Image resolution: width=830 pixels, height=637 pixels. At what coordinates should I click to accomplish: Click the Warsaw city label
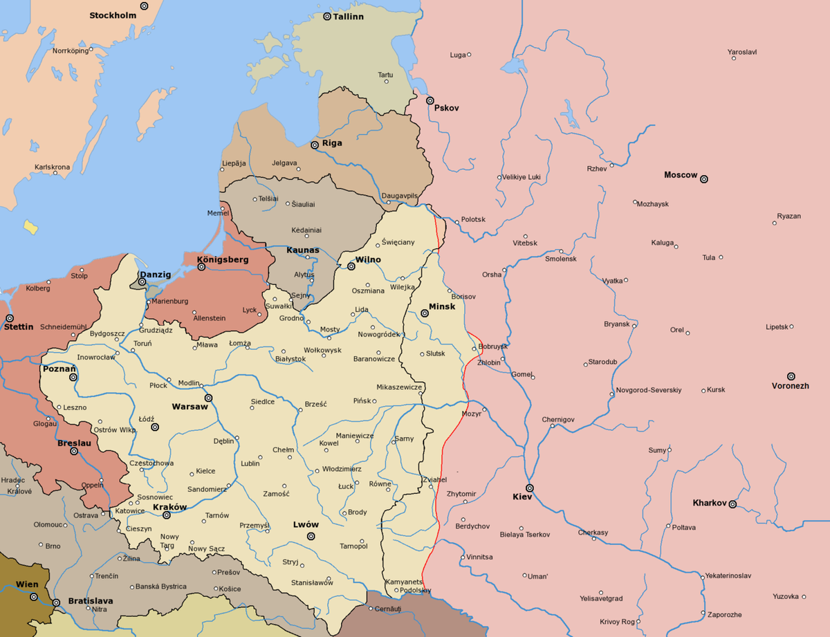[190, 407]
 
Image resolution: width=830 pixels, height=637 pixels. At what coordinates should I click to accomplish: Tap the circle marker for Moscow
[704, 179]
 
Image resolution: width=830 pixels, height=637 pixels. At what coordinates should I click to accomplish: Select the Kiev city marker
[529, 488]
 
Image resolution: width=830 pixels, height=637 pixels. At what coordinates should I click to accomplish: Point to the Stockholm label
[113, 15]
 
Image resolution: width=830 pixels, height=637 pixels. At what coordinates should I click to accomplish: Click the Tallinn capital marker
[327, 16]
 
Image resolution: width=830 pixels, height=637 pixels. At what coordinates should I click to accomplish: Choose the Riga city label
[332, 143]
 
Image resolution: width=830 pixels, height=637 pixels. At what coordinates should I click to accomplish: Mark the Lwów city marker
[311, 536]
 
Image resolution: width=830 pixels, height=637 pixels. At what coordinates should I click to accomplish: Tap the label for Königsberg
[222, 259]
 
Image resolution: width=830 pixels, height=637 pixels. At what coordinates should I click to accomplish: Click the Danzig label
[156, 275]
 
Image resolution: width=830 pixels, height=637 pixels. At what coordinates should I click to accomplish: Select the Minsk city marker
[425, 313]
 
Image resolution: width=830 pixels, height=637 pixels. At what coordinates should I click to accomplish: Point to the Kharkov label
[710, 503]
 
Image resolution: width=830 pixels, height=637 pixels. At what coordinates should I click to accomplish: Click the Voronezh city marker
[791, 376]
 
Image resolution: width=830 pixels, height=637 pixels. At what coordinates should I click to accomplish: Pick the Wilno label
[368, 260]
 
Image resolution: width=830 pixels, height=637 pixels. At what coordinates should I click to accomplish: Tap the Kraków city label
[169, 507]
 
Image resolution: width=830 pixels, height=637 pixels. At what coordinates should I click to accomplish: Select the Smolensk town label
[560, 259]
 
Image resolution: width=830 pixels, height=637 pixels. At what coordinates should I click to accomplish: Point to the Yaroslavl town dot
[733, 59]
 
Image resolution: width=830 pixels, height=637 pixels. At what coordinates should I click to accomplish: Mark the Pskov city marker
[430, 101]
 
